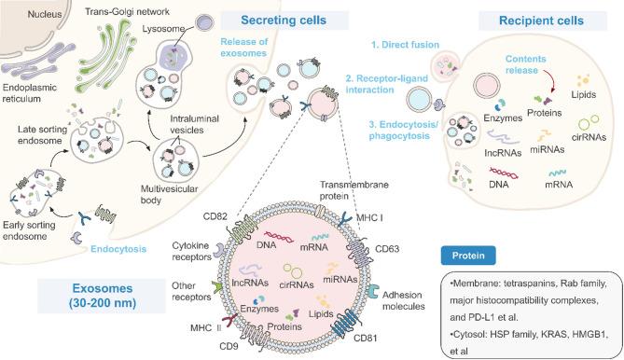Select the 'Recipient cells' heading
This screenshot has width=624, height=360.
tap(544, 21)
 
